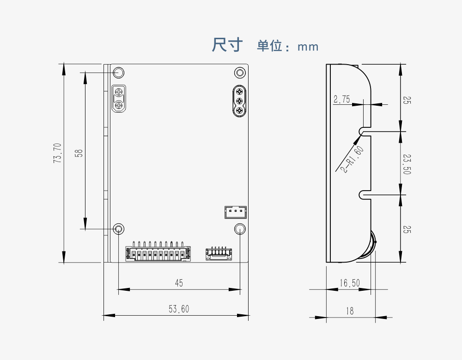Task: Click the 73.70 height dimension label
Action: pos(58,153)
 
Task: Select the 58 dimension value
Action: pos(79,153)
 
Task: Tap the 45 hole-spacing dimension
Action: pos(179,283)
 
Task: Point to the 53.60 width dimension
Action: pos(179,309)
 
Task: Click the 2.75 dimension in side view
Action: pos(341,99)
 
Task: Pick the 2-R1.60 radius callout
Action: pos(353,159)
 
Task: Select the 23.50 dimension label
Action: pos(407,164)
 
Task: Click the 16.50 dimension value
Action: pos(349,283)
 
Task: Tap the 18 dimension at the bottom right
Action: pos(350,311)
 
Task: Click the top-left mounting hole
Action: pos(119,72)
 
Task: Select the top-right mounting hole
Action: pos(240,72)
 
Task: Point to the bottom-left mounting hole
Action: pos(119,228)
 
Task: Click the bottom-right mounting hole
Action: pos(240,228)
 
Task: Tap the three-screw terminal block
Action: pos(240,101)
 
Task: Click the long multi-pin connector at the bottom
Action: pos(158,252)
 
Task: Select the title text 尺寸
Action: pos(227,45)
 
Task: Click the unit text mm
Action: pos(308,47)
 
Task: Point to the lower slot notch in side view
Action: pos(365,195)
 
